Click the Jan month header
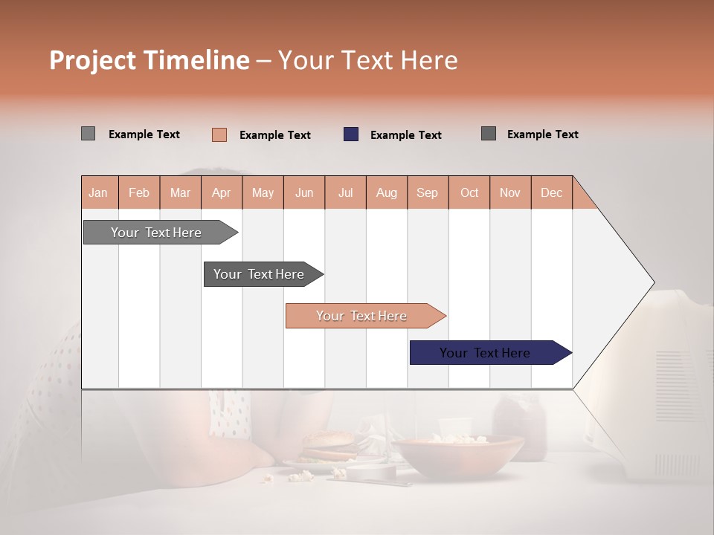pyautogui.click(x=98, y=192)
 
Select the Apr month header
pyautogui.click(x=221, y=192)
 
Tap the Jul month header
pyautogui.click(x=345, y=192)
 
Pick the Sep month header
pyautogui.click(x=427, y=192)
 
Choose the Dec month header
pyautogui.click(x=551, y=192)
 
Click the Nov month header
pyautogui.click(x=509, y=192)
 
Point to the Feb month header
pyautogui.click(x=139, y=192)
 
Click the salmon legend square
pyautogui.click(x=219, y=134)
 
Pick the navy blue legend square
pyautogui.click(x=351, y=134)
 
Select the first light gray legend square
pyautogui.click(x=88, y=134)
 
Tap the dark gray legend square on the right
pyautogui.click(x=489, y=134)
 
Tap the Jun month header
pyautogui.click(x=304, y=192)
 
